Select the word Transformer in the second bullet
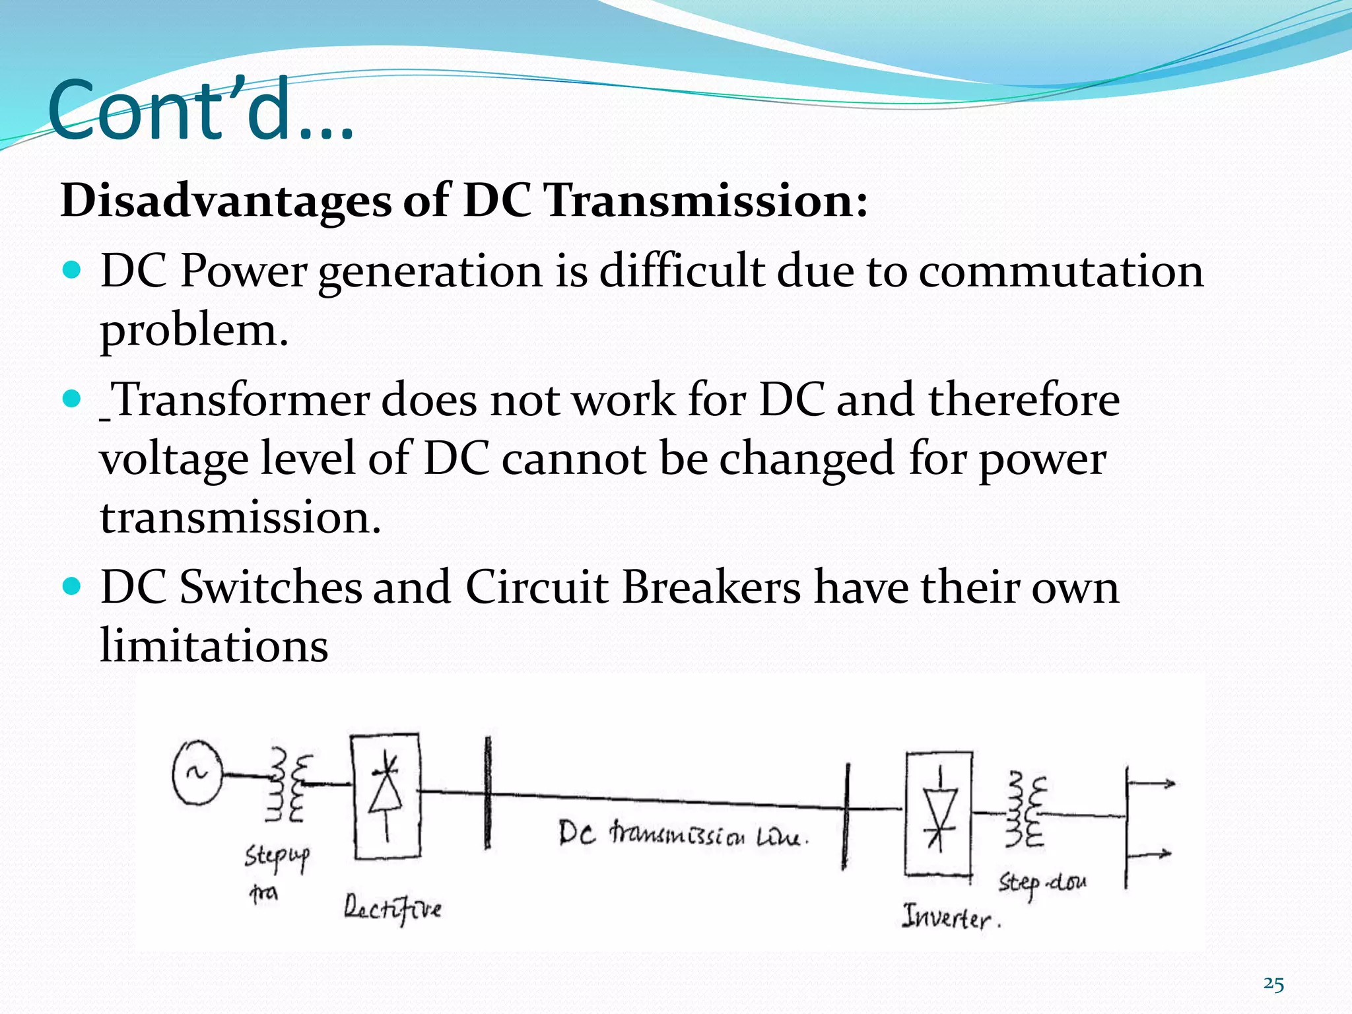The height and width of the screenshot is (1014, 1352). tap(240, 400)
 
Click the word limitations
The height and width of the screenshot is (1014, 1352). tap(214, 645)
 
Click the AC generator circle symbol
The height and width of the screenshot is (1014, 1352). tap(197, 773)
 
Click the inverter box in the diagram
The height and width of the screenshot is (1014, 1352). tap(938, 813)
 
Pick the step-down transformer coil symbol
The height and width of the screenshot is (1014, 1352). tap(1025, 812)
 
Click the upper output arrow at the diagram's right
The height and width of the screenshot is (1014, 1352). tap(1152, 784)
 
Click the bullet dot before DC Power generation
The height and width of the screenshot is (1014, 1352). tap(71, 270)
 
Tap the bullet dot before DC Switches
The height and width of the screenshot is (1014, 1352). tap(71, 586)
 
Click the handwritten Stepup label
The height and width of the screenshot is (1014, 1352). tap(277, 858)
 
